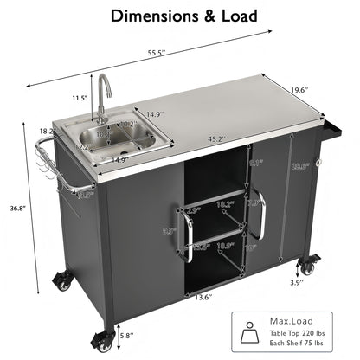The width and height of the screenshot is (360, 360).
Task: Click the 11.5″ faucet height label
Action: (x=80, y=98)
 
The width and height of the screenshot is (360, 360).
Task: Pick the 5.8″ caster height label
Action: (x=125, y=336)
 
